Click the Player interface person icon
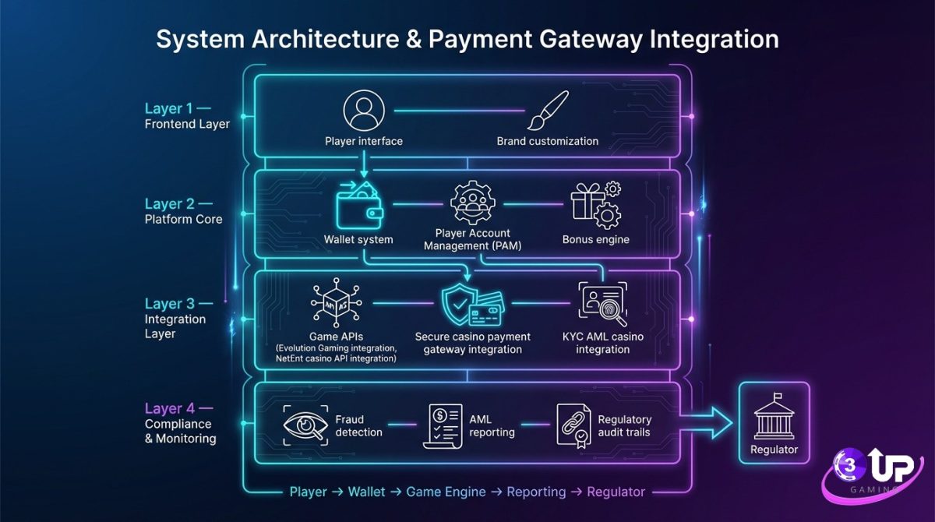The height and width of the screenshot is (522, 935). [x=363, y=110]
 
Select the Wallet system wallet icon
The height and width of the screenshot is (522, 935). [x=358, y=206]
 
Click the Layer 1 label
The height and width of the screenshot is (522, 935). [x=177, y=108]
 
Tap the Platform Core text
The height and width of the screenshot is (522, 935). [x=183, y=220]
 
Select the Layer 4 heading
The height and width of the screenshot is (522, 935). [x=177, y=407]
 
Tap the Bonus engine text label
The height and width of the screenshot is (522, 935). [x=596, y=239]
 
